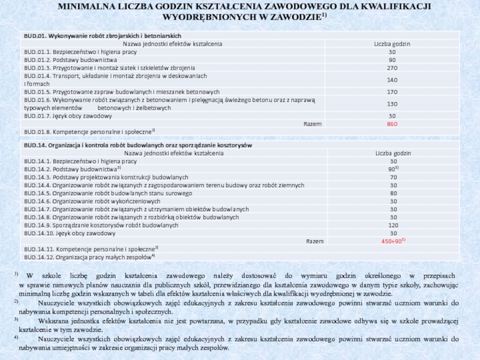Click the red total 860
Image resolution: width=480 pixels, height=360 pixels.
click(392, 124)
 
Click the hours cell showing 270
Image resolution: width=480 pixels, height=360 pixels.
click(392, 68)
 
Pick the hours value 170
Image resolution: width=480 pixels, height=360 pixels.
click(392, 92)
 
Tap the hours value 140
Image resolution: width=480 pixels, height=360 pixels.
click(392, 80)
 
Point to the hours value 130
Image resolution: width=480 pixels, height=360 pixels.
click(392, 104)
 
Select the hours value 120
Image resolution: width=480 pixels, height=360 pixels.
click(394, 225)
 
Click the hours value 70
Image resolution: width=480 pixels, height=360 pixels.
click(394, 178)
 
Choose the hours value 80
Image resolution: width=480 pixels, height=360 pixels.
click(394, 193)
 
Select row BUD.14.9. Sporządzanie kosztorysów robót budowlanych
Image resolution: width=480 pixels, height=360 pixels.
click(101, 225)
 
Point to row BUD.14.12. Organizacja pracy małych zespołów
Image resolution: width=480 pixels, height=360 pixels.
click(89, 257)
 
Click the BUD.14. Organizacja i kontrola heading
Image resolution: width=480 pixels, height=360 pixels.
click(137, 146)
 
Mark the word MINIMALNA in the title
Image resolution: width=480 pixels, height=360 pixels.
click(82, 6)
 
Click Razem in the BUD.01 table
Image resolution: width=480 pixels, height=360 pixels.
click(313, 124)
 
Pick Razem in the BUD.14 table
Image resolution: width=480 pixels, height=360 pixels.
click(315, 241)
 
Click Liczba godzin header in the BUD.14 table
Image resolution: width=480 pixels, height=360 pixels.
click(394, 154)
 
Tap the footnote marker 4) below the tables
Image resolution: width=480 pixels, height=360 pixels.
click(16, 337)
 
